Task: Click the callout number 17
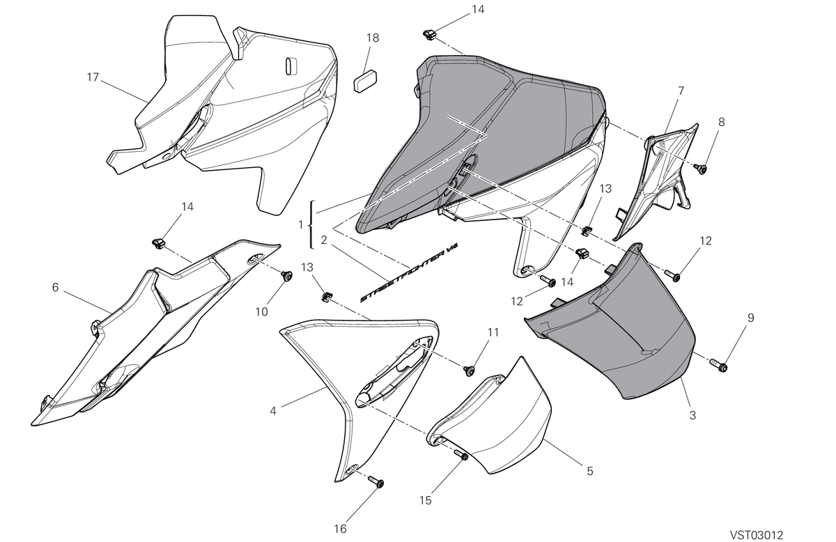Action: [x=93, y=77]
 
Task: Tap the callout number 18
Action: [x=373, y=38]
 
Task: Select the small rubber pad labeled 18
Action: [x=365, y=81]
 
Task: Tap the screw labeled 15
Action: [x=461, y=455]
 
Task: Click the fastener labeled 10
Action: [x=287, y=276]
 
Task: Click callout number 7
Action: [x=681, y=91]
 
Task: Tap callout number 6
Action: [x=55, y=288]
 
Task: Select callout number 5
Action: [x=589, y=471]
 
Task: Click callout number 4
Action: [x=273, y=411]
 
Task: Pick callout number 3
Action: [x=692, y=415]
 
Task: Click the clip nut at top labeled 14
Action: [x=429, y=35]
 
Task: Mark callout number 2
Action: [x=324, y=240]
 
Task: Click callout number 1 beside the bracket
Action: [x=300, y=225]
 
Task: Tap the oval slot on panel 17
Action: [x=291, y=66]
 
